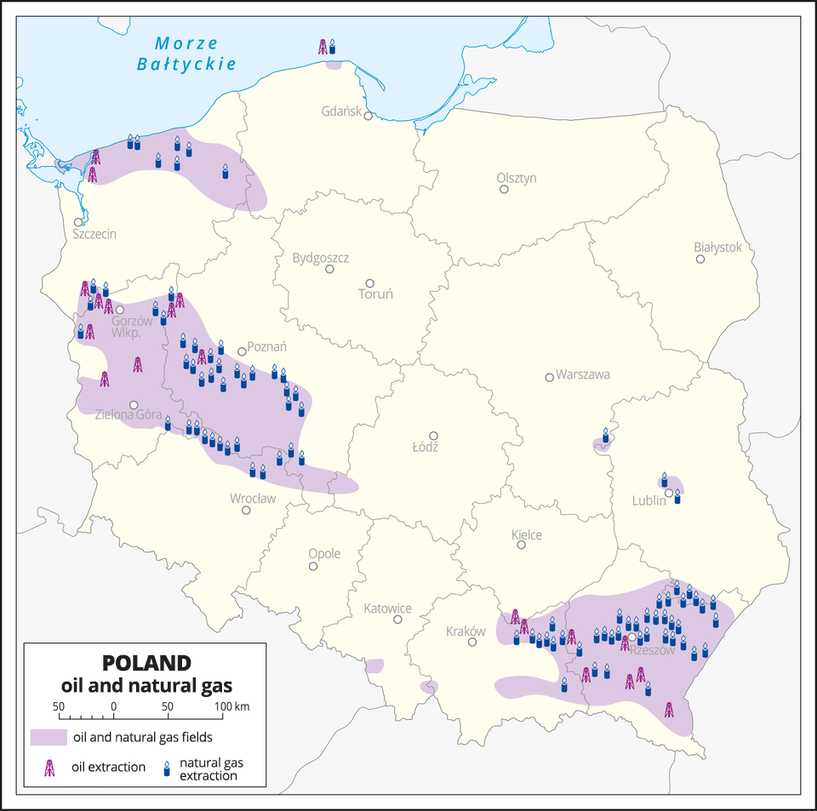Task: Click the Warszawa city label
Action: pyautogui.click(x=583, y=374)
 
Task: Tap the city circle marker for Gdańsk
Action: pyautogui.click(x=369, y=117)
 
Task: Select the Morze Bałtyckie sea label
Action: pyautogui.click(x=186, y=53)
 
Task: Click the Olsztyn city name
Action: pyautogui.click(x=517, y=178)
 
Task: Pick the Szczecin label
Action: pyautogui.click(x=94, y=233)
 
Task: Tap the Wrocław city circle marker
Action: pyautogui.click(x=246, y=511)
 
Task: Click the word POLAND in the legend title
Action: pyautogui.click(x=146, y=662)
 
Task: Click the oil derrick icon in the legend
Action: pyautogui.click(x=50, y=767)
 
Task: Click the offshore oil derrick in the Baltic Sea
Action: pyautogui.click(x=323, y=47)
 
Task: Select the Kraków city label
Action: pyautogui.click(x=466, y=631)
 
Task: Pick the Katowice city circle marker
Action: pyautogui.click(x=397, y=620)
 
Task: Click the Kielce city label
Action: pyautogui.click(x=527, y=534)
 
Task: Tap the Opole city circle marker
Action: pyautogui.click(x=313, y=566)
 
